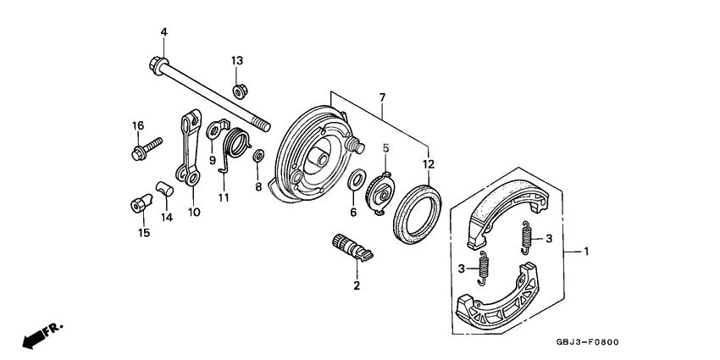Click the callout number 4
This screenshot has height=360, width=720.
tap(163, 32)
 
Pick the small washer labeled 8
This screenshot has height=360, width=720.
tap(259, 155)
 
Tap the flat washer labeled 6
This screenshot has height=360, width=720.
tap(357, 180)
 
